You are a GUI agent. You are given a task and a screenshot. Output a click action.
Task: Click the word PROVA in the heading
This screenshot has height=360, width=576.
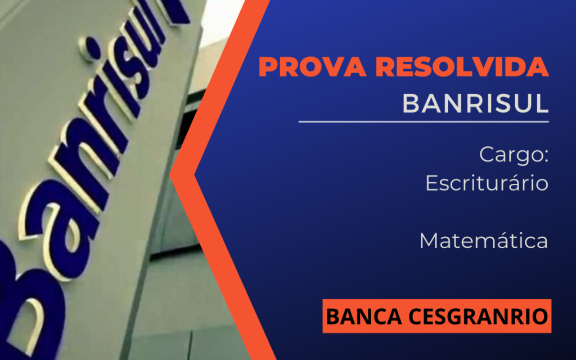click(312, 67)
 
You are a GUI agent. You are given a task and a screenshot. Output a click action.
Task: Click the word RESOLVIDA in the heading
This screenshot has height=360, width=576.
click(462, 67)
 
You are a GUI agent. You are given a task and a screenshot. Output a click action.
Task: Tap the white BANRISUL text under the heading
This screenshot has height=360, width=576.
click(475, 103)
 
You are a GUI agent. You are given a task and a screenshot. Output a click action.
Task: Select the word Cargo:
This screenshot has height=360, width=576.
click(514, 155)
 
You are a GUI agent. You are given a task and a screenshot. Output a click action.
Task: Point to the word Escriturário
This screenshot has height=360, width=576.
click(487, 183)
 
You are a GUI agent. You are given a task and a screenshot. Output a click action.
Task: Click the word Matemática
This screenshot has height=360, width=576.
click(484, 241)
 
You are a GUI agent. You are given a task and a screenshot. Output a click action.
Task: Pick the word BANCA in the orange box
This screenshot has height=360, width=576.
click(364, 317)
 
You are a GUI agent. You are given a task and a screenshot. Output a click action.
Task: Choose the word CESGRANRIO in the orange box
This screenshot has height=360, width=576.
click(478, 317)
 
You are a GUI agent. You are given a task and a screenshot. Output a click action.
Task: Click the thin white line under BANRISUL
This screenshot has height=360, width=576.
click(424, 121)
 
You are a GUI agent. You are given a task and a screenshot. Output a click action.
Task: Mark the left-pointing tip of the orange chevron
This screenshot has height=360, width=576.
click(170, 175)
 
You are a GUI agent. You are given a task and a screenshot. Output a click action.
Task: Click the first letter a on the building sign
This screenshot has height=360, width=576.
click(55, 228)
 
